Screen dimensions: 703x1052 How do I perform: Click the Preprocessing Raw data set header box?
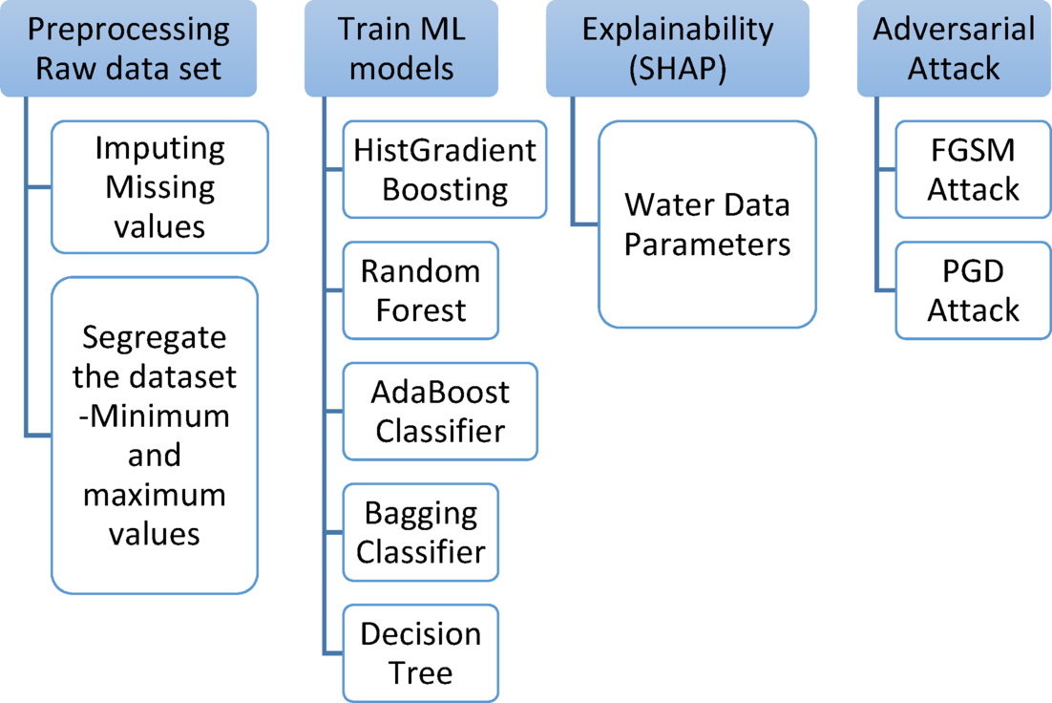[128, 48]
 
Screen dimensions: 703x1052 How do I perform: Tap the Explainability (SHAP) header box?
[678, 48]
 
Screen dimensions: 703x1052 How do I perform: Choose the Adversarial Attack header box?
[954, 48]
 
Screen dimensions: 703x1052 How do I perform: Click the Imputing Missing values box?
[159, 186]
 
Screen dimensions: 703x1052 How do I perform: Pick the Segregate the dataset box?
[154, 435]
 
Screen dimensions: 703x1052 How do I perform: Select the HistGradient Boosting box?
[445, 169]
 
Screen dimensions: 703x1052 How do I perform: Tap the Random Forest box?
[420, 290]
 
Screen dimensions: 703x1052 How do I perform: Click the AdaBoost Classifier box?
[440, 412]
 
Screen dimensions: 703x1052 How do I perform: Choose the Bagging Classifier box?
[420, 532]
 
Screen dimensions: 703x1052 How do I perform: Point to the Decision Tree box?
[420, 653]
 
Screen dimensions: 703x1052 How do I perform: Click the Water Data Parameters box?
[707, 224]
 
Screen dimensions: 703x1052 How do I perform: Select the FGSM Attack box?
[974, 169]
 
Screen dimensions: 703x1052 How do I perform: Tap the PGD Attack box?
[974, 290]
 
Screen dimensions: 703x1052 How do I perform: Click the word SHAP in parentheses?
[678, 69]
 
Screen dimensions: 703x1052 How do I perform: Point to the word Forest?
[421, 310]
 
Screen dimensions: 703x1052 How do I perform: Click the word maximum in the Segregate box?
[154, 496]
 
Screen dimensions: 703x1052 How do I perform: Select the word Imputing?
[159, 148]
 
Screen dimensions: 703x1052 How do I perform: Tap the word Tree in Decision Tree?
[421, 673]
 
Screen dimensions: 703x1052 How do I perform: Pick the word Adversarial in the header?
[954, 29]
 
